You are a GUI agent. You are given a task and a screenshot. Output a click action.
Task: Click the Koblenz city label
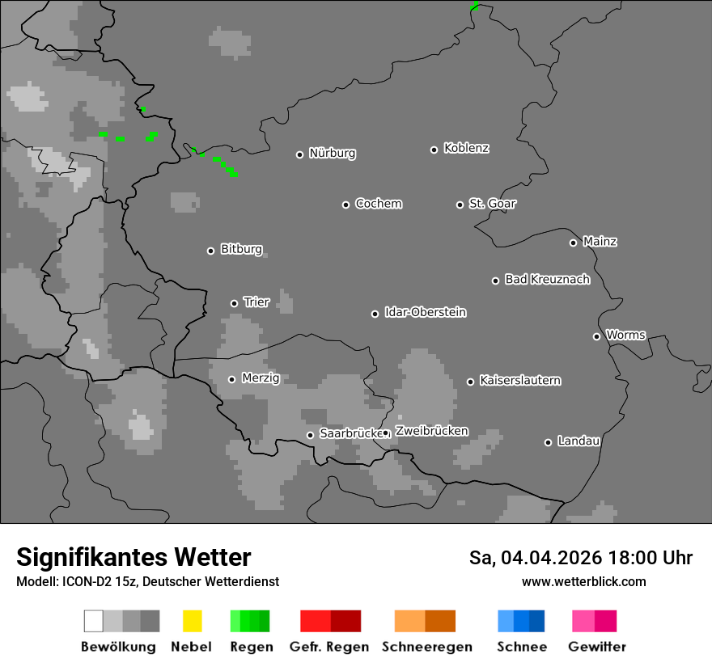466,148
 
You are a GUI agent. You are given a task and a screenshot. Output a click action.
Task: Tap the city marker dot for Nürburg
299,154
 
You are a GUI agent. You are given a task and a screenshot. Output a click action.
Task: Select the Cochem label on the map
379,204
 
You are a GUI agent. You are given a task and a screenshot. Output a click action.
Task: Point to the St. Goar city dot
460,205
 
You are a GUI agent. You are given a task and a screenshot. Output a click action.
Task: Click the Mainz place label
600,242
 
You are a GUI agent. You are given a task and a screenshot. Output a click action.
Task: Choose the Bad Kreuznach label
547,280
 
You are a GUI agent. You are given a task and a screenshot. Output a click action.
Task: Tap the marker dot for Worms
596,336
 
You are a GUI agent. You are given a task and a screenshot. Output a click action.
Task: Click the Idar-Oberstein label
426,312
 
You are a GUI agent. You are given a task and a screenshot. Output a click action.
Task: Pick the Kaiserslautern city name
519,380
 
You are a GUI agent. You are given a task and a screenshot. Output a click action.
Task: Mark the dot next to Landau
548,442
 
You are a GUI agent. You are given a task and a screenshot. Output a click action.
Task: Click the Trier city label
256,302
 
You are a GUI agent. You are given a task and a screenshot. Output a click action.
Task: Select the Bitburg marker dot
210,251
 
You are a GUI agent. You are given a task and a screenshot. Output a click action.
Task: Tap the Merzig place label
261,378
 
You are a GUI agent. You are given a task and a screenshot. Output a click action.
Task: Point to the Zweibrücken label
431,431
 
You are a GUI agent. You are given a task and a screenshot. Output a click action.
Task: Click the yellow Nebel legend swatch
192,621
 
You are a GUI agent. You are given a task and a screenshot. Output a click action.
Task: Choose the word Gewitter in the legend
597,647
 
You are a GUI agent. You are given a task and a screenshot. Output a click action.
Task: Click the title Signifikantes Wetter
133,558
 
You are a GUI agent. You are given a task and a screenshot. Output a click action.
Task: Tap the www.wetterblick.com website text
583,581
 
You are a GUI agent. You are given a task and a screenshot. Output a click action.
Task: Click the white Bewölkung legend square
94,621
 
